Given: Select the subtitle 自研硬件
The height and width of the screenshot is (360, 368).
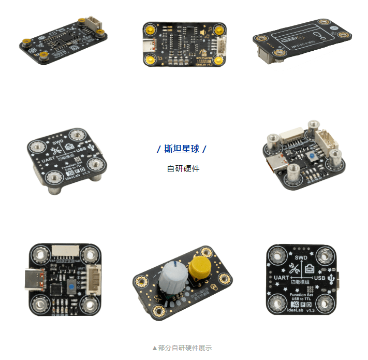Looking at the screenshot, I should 183,168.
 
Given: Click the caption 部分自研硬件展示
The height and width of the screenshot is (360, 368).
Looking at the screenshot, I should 184,348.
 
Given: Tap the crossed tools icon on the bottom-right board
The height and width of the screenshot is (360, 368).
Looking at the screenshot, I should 289,268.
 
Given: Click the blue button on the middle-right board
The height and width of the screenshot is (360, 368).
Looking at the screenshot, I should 313,156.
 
